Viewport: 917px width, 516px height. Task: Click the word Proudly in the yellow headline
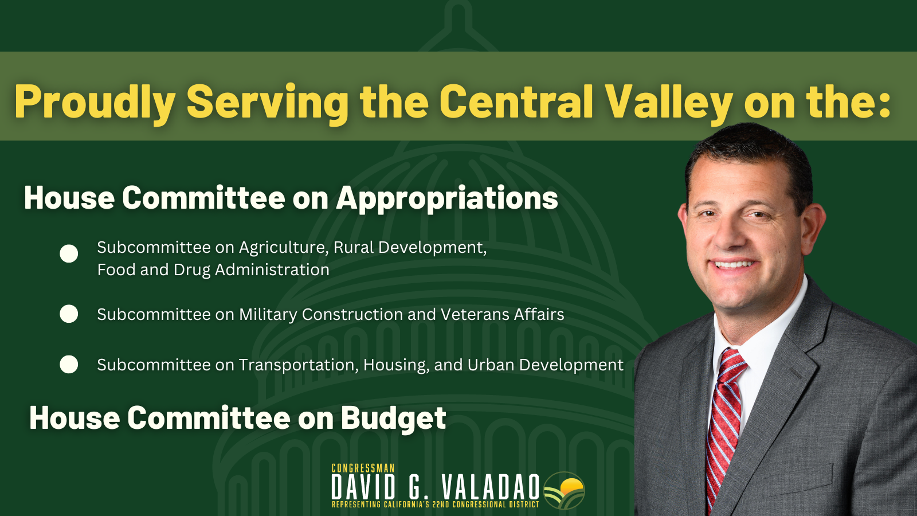point(95,103)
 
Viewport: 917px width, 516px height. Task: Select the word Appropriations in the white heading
point(447,199)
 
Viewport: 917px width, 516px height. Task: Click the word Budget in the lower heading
point(393,419)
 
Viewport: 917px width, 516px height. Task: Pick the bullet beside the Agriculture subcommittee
point(69,253)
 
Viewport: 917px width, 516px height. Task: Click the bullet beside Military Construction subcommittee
point(69,314)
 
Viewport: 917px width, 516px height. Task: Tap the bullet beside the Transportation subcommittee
point(69,364)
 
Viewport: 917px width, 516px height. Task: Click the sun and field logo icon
point(564,490)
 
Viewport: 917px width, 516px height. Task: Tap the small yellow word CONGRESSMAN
point(363,468)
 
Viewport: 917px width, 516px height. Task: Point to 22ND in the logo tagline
point(442,505)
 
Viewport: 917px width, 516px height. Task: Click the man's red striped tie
point(724,422)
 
